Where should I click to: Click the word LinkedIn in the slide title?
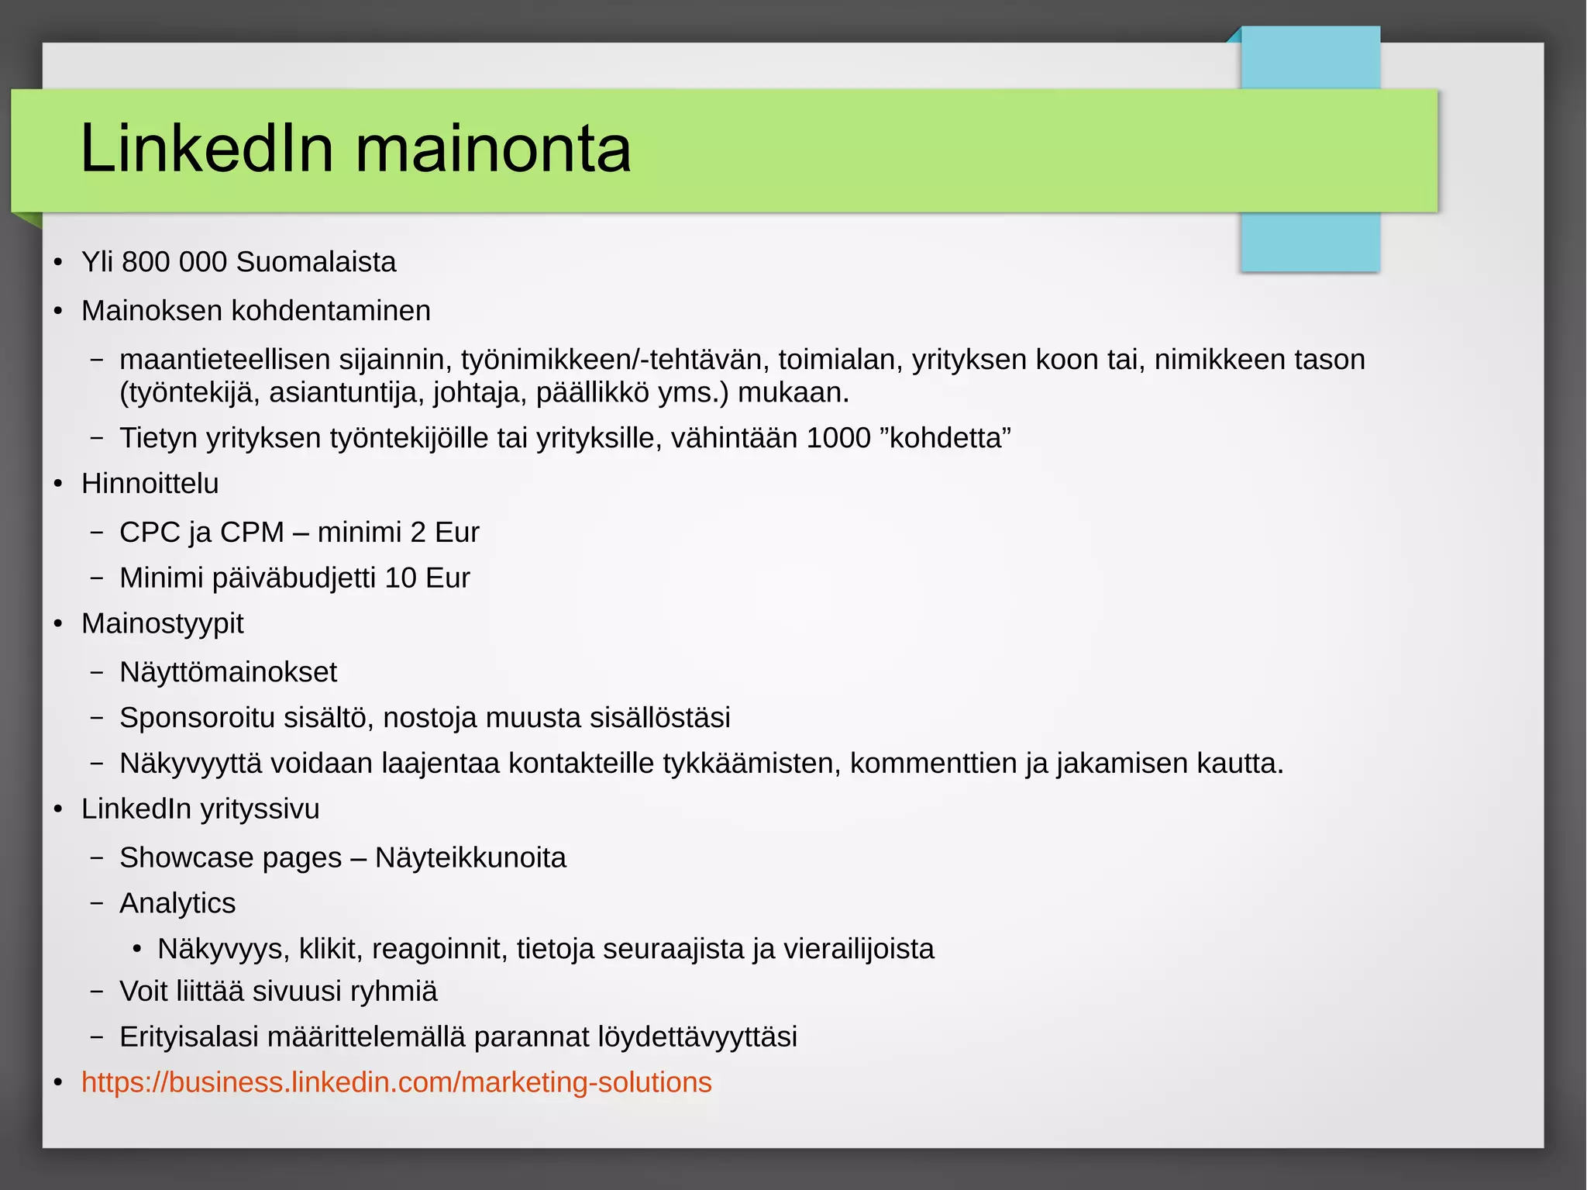pyautogui.click(x=207, y=148)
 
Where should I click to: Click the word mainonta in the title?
pyautogui.click(x=493, y=148)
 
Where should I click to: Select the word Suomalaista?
pyautogui.click(x=316, y=262)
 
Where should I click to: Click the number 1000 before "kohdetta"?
pyautogui.click(x=838, y=438)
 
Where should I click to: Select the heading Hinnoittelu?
pyautogui.click(x=150, y=484)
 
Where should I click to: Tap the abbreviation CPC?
pyautogui.click(x=150, y=533)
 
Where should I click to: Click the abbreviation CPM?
pyautogui.click(x=252, y=533)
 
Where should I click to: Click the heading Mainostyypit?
pyautogui.click(x=163, y=624)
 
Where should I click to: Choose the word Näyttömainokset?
pyautogui.click(x=229, y=672)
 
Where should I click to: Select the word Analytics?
pyautogui.click(x=177, y=904)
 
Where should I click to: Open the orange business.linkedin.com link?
pyautogui.click(x=397, y=1083)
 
